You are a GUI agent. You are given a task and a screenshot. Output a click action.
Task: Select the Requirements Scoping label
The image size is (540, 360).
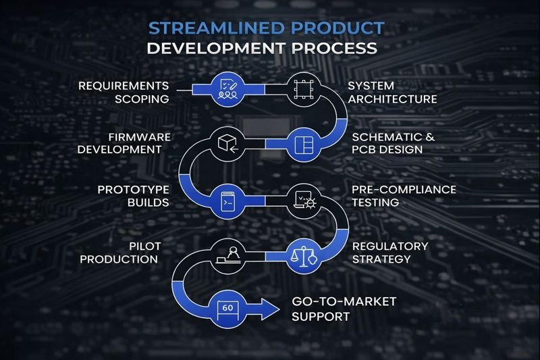coord(123,93)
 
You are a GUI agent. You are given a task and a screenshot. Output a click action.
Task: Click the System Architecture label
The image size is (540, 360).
coord(392,93)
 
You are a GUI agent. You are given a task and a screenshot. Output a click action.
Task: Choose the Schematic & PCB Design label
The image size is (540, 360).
coord(396,143)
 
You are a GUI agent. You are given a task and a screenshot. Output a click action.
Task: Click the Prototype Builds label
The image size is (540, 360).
coord(133,195)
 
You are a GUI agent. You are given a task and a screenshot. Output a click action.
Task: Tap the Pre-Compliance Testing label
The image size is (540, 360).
coord(404,195)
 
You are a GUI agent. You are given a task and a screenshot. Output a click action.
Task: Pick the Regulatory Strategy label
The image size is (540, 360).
coord(390,252)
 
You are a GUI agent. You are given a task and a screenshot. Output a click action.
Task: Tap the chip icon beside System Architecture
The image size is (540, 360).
coord(300,90)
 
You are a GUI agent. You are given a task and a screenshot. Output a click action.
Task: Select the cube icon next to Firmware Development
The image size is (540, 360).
coord(227,143)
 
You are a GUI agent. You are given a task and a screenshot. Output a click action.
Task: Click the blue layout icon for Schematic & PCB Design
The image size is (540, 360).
coord(300,143)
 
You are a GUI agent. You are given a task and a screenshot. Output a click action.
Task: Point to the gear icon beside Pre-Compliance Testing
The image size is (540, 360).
coord(300,199)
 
